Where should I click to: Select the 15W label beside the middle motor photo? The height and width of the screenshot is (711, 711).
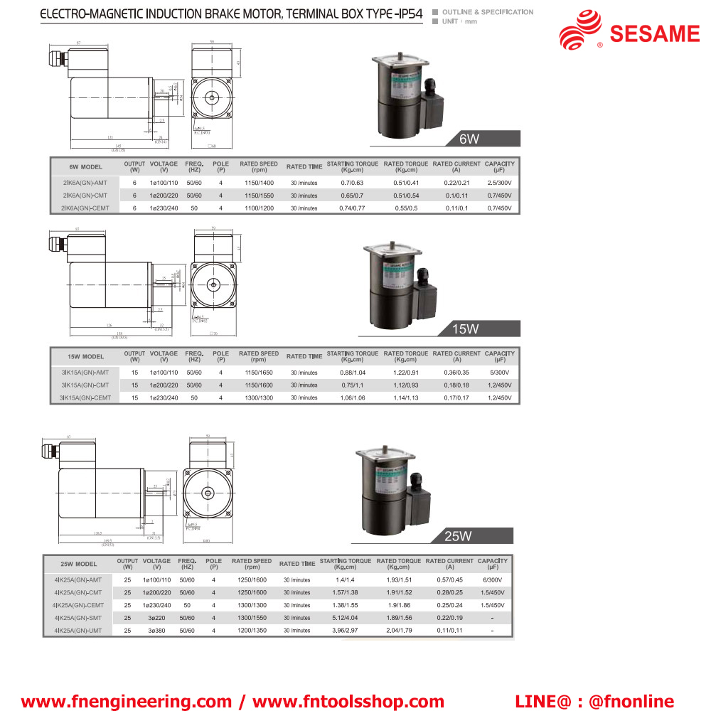[466, 329]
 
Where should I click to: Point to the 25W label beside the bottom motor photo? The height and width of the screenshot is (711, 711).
[459, 536]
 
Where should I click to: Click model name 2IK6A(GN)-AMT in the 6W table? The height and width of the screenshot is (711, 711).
[85, 183]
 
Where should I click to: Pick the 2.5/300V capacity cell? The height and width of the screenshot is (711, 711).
[500, 183]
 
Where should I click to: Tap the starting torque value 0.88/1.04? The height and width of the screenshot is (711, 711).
[353, 373]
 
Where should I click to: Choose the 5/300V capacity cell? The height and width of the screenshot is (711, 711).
[500, 373]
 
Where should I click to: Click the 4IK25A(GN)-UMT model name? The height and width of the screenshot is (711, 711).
[77, 631]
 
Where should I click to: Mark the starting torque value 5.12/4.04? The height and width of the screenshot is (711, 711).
[346, 618]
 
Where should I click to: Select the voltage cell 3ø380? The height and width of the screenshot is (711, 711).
[156, 631]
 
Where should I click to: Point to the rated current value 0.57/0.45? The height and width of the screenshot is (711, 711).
[449, 579]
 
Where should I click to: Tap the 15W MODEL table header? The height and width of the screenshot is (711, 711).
[85, 356]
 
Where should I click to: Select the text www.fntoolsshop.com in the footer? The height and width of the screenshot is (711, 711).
[348, 702]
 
